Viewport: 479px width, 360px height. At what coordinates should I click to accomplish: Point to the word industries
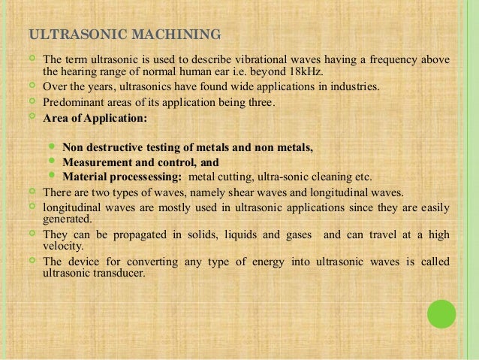pyautogui.click(x=356, y=87)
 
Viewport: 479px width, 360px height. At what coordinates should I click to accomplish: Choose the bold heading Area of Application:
pyautogui.click(x=95, y=119)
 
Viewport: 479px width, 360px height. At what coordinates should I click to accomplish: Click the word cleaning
pyautogui.click(x=331, y=177)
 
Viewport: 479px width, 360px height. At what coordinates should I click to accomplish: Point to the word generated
pyautogui.click(x=68, y=219)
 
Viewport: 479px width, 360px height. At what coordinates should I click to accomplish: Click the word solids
pyautogui.click(x=215, y=234)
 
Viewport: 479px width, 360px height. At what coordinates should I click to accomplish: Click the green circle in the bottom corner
pyautogui.click(x=441, y=314)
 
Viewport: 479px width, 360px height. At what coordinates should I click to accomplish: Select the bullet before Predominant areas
pyautogui.click(x=32, y=102)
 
